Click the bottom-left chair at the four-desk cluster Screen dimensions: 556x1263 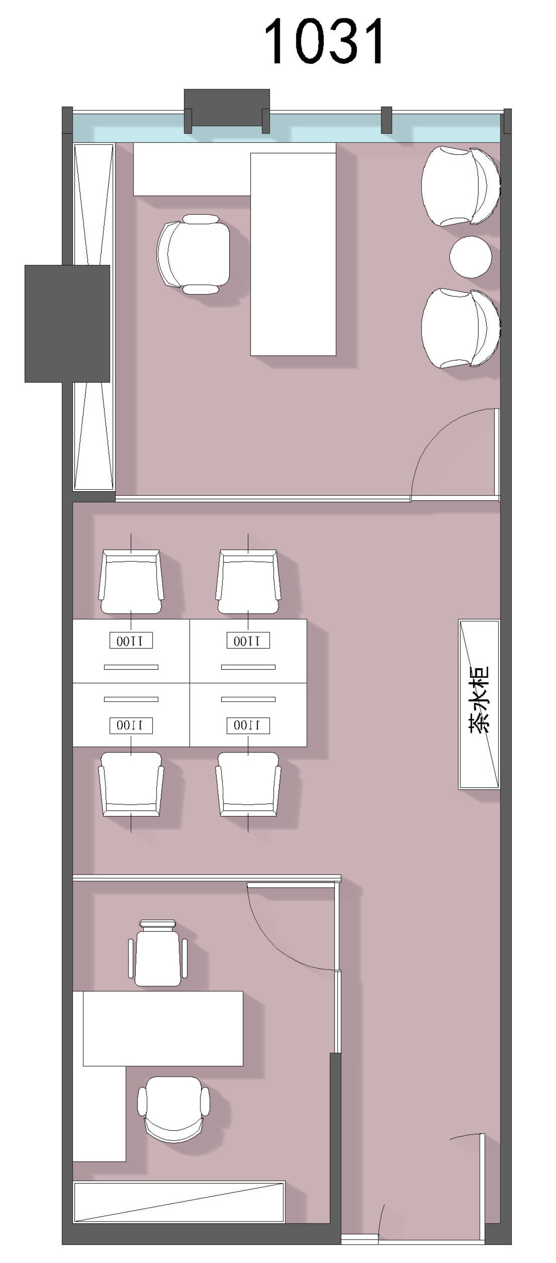(131, 784)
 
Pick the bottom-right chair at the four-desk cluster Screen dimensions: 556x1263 (248, 784)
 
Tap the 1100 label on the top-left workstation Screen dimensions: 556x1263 (131, 640)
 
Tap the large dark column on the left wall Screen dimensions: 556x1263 (67, 324)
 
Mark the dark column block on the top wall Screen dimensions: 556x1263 (227, 108)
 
